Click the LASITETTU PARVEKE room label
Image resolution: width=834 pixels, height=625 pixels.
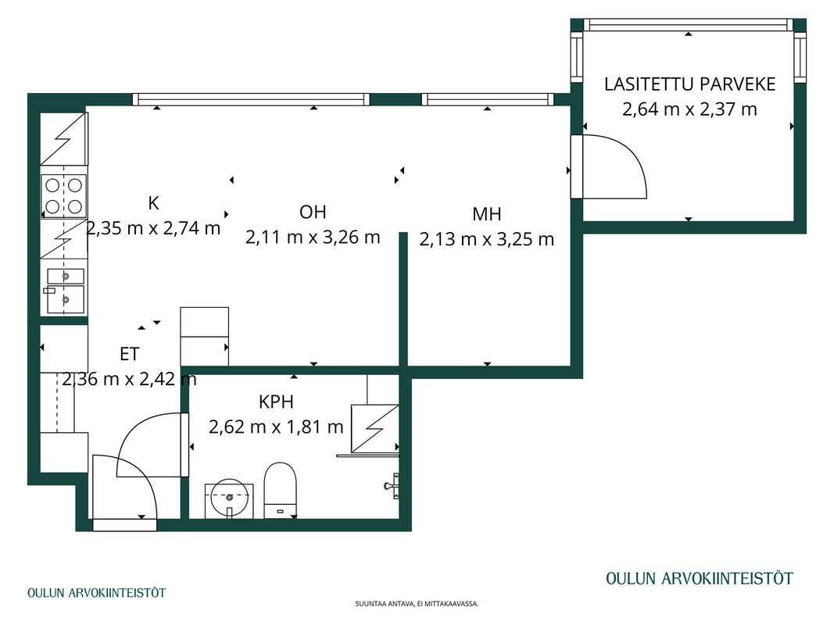pyautogui.click(x=689, y=84)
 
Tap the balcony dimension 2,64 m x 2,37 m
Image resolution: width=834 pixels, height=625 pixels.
pyautogui.click(x=689, y=109)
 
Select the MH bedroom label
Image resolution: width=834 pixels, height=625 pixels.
pyautogui.click(x=487, y=214)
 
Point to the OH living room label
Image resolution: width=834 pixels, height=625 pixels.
pyautogui.click(x=313, y=212)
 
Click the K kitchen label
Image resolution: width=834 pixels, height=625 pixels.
pyautogui.click(x=153, y=203)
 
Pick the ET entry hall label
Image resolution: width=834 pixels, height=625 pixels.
pyautogui.click(x=129, y=354)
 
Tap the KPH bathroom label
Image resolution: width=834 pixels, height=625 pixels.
pyautogui.click(x=276, y=402)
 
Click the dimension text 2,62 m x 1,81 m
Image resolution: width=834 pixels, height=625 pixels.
pyautogui.click(x=276, y=427)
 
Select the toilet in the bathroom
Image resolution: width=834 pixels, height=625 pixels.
pyautogui.click(x=281, y=490)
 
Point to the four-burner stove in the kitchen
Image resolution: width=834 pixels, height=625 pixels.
pyautogui.click(x=64, y=196)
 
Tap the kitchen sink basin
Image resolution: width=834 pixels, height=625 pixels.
pyautogui.click(x=66, y=300)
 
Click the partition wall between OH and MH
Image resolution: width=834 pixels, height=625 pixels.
pyautogui.click(x=403, y=299)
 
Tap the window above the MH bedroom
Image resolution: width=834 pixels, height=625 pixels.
pyautogui.click(x=487, y=99)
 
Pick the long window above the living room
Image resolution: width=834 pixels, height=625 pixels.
pyautogui.click(x=251, y=99)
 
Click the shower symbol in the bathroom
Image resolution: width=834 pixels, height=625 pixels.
pyautogui.click(x=374, y=428)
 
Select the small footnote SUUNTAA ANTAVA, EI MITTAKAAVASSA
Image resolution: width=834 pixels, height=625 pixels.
pyautogui.click(x=417, y=604)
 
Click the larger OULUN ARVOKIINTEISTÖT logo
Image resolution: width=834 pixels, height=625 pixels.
pyautogui.click(x=700, y=578)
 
